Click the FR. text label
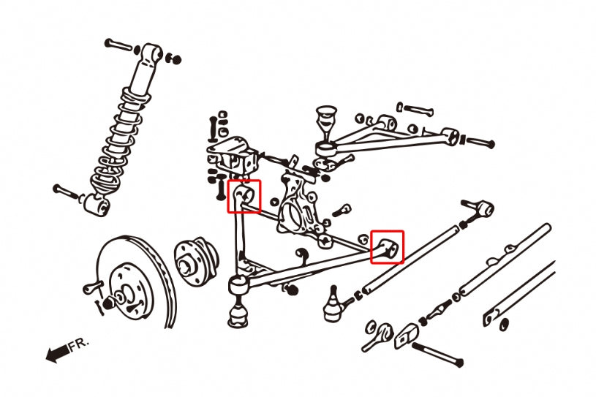click(79, 344)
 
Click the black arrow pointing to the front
click(58, 353)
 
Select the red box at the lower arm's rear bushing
click(388, 247)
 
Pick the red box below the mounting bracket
click(244, 196)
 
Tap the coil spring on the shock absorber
click(117, 141)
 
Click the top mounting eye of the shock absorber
click(151, 52)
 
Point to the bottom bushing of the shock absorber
click(97, 205)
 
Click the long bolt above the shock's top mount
click(118, 45)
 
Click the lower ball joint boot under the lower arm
click(238, 314)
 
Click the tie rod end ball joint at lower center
click(333, 305)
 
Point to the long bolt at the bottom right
click(437, 354)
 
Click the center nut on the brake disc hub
click(107, 303)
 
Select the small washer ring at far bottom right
click(504, 325)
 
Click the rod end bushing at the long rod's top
click(482, 209)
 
